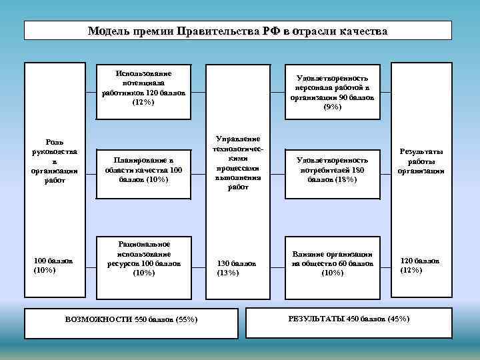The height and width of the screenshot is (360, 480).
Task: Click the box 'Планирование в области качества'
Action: click(x=143, y=169)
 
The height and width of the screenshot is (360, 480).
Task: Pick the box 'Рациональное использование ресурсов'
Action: click(x=143, y=259)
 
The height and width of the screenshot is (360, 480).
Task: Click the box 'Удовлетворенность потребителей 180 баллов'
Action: click(x=331, y=169)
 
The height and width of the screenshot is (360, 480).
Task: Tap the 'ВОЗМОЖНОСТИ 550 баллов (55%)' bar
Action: click(x=131, y=319)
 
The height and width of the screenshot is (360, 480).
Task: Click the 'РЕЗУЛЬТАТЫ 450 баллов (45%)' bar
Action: click(x=349, y=319)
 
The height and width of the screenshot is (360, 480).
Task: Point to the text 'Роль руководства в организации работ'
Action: click(x=55, y=161)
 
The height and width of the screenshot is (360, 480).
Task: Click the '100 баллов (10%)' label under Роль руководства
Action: click(x=53, y=265)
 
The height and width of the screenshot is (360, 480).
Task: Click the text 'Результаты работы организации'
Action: click(x=421, y=161)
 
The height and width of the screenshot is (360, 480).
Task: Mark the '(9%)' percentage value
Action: click(x=332, y=107)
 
